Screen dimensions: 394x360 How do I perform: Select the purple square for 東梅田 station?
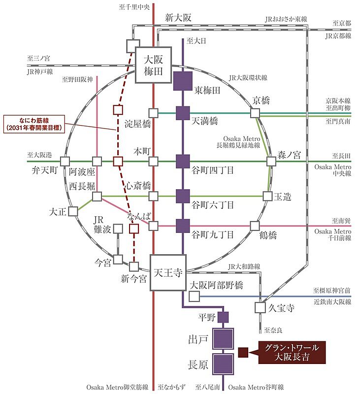[183, 81]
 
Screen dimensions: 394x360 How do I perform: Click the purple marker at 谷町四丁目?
[183, 161]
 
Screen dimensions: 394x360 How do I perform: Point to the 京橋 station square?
[255, 113]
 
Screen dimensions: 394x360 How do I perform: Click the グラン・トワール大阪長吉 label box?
[292, 352]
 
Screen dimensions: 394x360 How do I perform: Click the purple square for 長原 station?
[224, 364]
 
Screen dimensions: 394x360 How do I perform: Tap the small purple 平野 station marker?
[223, 317]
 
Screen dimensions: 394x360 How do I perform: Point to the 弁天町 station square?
[65, 161]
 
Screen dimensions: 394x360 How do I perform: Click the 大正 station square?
[73, 211]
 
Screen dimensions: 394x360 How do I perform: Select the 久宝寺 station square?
[260, 307]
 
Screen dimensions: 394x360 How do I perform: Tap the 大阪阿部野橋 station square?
[194, 297]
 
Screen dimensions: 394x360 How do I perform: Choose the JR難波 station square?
[118, 228]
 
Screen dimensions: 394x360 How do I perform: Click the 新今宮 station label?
[133, 279]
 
